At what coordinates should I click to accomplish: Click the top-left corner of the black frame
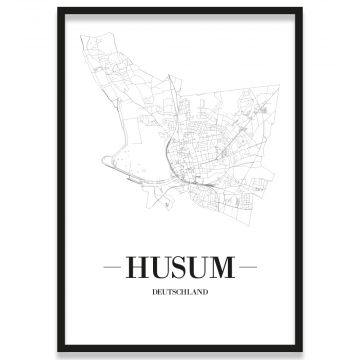point(59,9)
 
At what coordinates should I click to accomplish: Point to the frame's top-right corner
point(301,9)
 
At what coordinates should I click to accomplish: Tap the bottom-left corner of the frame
point(59,350)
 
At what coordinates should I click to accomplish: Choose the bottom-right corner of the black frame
point(301,350)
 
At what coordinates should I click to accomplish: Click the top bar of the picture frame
point(180,9)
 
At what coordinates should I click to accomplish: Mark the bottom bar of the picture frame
point(180,350)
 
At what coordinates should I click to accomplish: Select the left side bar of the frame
point(59,180)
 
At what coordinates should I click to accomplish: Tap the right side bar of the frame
point(301,180)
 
